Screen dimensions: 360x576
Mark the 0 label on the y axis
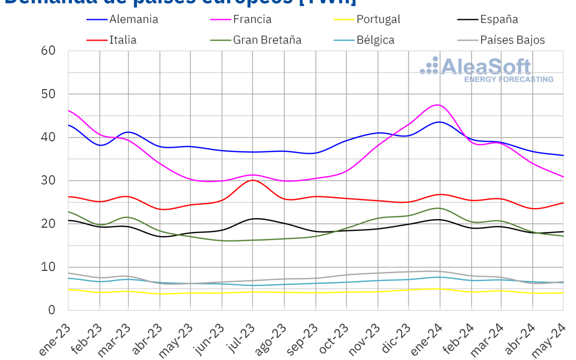point(52,310)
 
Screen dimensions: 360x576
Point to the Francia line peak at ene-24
point(438,105)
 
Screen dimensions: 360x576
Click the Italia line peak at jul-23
point(252,180)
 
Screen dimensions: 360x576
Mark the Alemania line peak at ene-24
point(439,122)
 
